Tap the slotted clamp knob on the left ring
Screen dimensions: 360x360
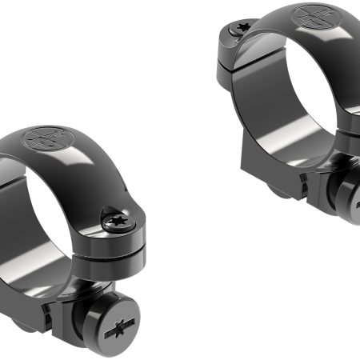click(118, 329)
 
